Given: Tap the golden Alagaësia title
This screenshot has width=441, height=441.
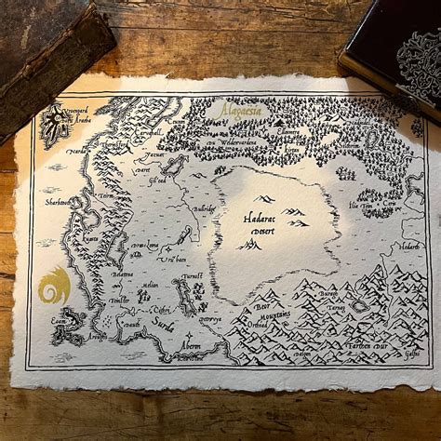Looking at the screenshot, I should coord(240,110).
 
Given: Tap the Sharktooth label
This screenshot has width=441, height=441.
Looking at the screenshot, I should coord(59,201).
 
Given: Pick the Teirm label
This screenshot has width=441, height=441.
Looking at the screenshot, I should coord(105,197).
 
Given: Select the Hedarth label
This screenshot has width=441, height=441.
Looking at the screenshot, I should coord(409,247).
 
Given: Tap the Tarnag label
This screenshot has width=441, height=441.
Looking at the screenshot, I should coord(336,306).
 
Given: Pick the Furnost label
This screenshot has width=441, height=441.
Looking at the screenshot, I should coord(192,276).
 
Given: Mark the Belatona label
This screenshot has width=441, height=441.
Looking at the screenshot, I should coord(123,276).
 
